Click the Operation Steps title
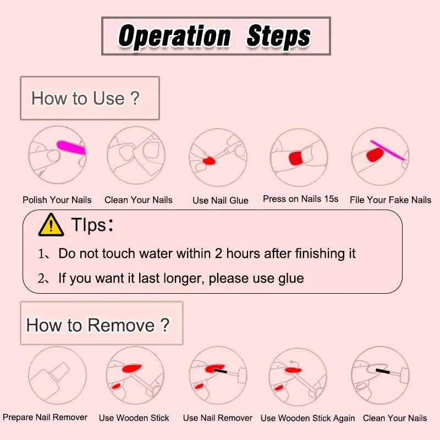216,36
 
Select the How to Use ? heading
86,98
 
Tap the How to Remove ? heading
98,324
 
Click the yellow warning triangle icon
51,226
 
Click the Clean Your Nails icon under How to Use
136,156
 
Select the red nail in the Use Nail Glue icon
210,161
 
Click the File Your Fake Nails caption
391,200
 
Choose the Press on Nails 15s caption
300,199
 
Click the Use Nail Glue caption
220,200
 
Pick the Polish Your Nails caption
57,200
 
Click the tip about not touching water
207,253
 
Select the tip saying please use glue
181,278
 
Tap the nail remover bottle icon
57,375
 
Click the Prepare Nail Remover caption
45,417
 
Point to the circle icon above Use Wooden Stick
135,375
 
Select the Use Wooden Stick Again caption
307,418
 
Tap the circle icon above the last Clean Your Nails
380,375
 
